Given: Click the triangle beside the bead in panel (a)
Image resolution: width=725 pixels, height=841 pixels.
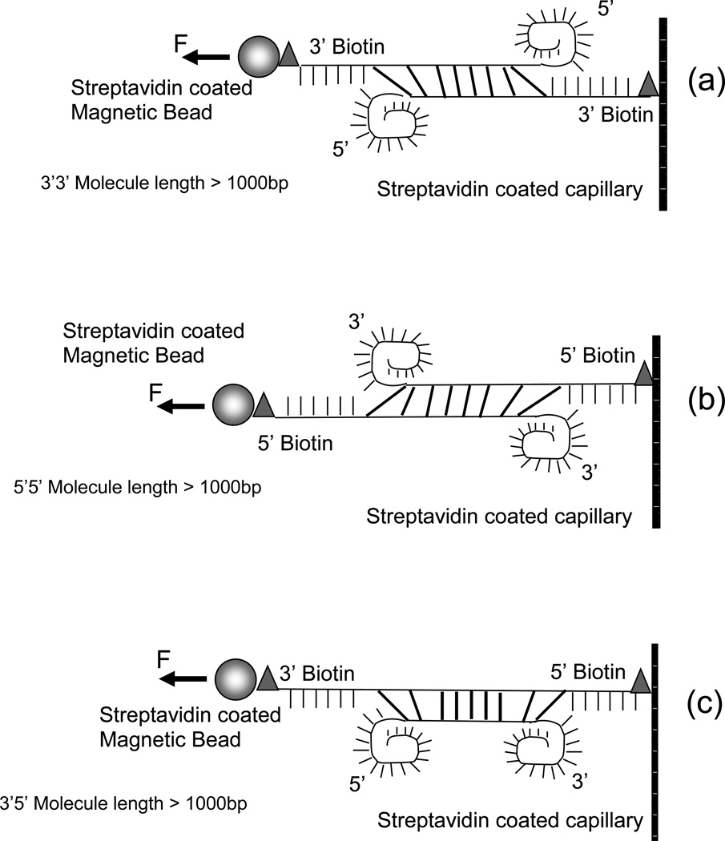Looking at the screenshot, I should point(288,56).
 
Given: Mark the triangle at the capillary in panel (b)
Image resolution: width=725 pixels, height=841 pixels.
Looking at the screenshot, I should point(643,374).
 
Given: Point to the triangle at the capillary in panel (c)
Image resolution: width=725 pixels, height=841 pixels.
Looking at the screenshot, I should point(640,682).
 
